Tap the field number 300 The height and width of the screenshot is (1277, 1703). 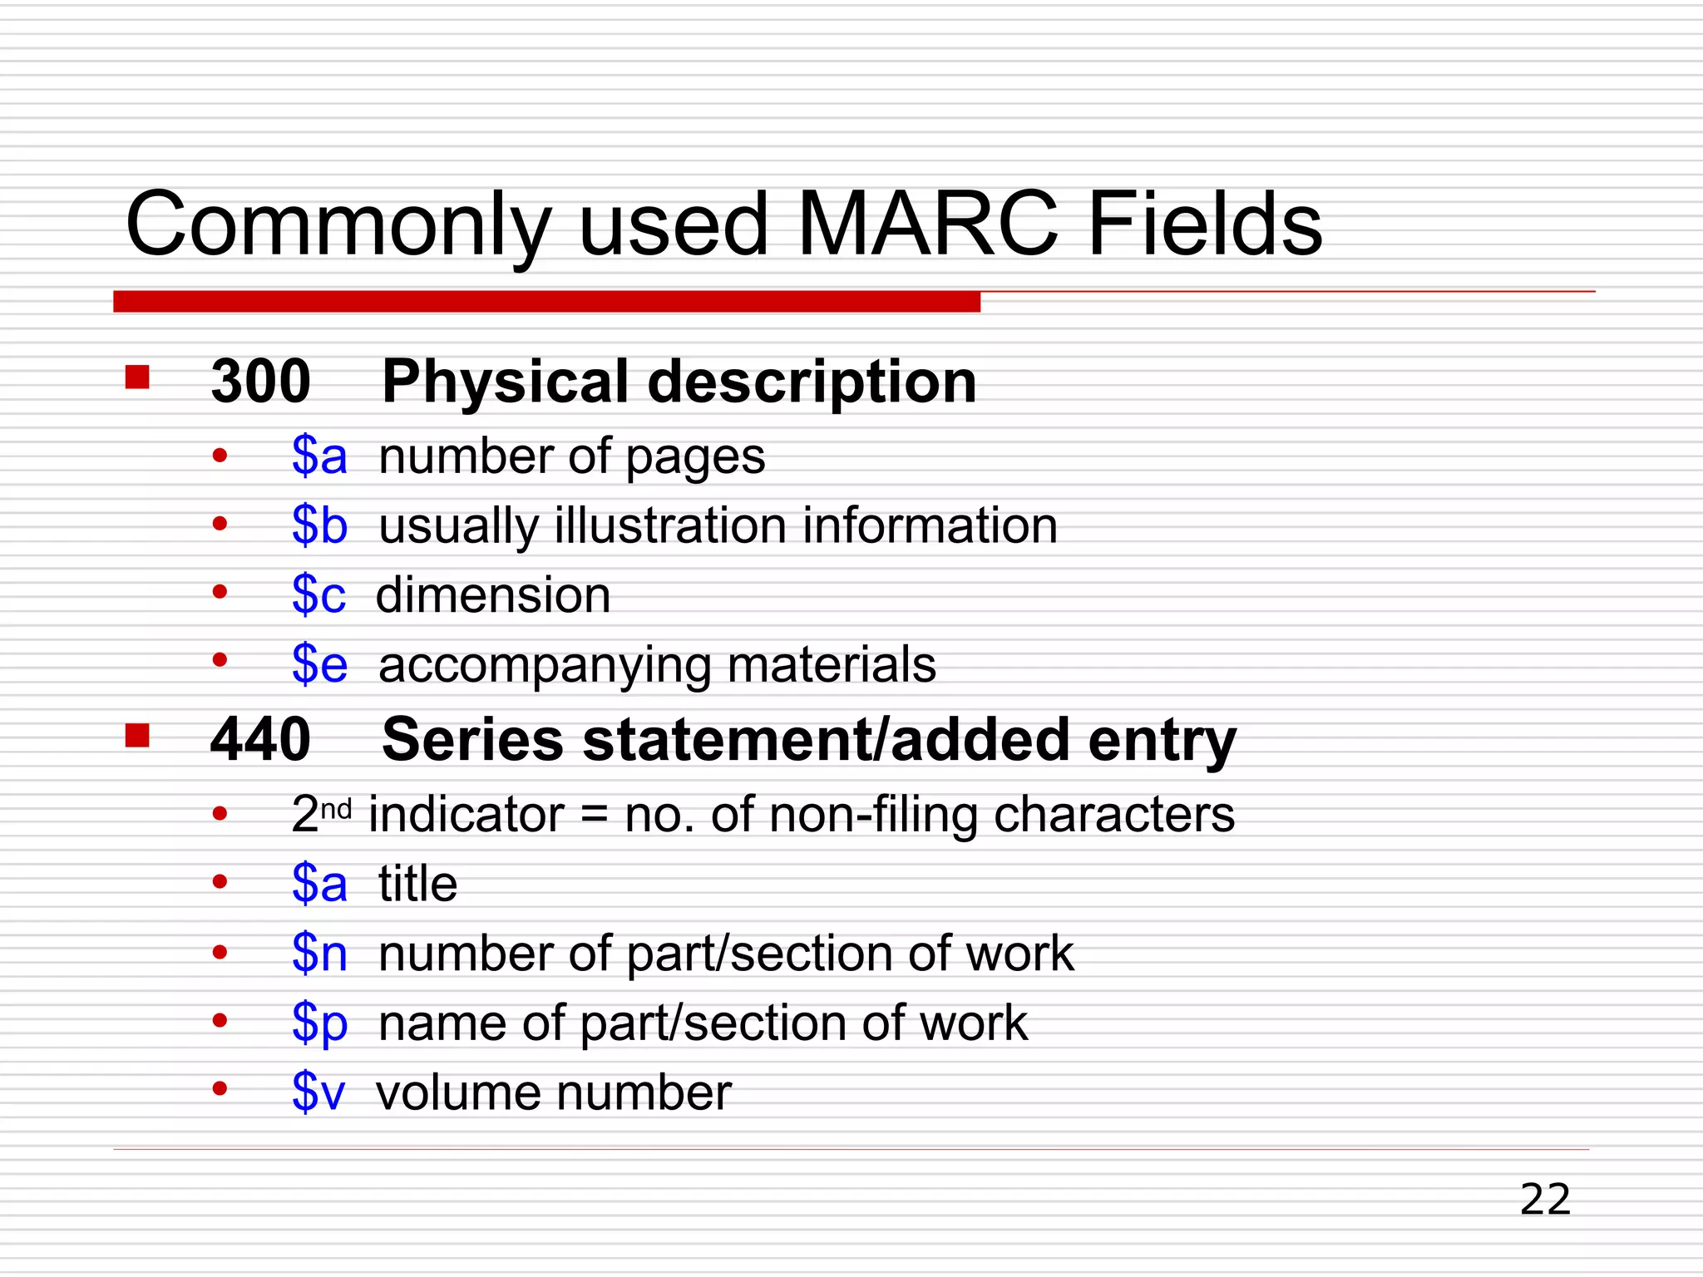click(x=260, y=382)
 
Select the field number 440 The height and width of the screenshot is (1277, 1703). click(x=260, y=739)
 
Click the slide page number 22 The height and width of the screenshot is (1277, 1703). click(x=1545, y=1200)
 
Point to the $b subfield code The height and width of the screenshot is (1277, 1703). click(x=319, y=525)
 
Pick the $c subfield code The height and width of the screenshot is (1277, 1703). click(x=318, y=595)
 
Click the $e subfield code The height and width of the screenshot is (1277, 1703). click(x=319, y=664)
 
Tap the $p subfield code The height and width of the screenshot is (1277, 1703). click(x=319, y=1023)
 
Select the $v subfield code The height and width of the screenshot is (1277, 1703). click(x=318, y=1092)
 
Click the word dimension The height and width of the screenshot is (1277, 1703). click(x=493, y=595)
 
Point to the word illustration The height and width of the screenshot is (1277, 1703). click(x=669, y=525)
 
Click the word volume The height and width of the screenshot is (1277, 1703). click(x=455, y=1092)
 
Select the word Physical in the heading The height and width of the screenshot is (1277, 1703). click(x=505, y=382)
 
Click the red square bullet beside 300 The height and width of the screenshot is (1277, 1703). click(x=137, y=377)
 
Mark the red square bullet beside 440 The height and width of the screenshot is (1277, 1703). click(x=137, y=735)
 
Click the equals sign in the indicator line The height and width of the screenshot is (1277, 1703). click(x=594, y=815)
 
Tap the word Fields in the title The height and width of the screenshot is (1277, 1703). click(x=1204, y=224)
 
